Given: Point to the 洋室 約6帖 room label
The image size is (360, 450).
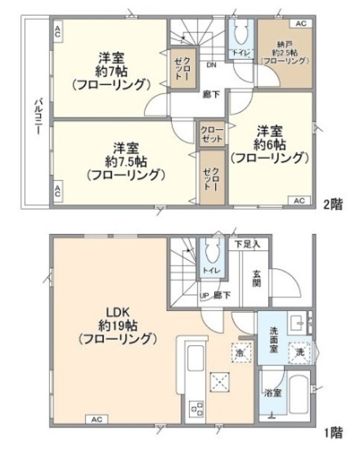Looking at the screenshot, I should (x=271, y=143).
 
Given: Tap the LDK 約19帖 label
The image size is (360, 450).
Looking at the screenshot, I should (x=116, y=323).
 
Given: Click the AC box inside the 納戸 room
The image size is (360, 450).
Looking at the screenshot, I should (x=300, y=24).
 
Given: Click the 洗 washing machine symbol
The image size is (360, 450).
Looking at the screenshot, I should (x=300, y=351).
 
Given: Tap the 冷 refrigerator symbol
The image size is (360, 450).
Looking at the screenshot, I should (x=240, y=352).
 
